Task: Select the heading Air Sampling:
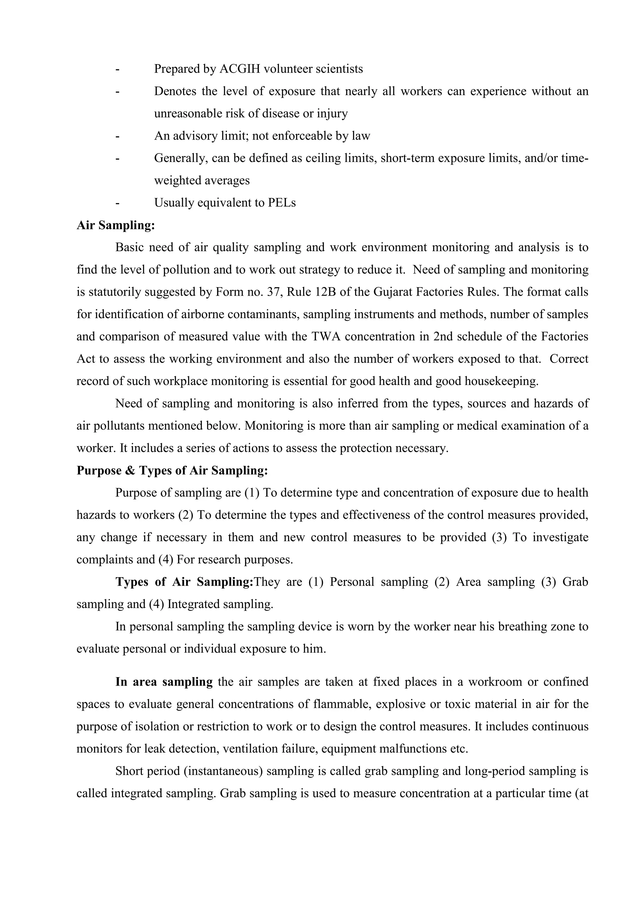pyautogui.click(x=115, y=225)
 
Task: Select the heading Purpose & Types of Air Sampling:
pyautogui.click(x=172, y=471)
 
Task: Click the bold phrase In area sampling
pyautogui.click(x=164, y=682)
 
